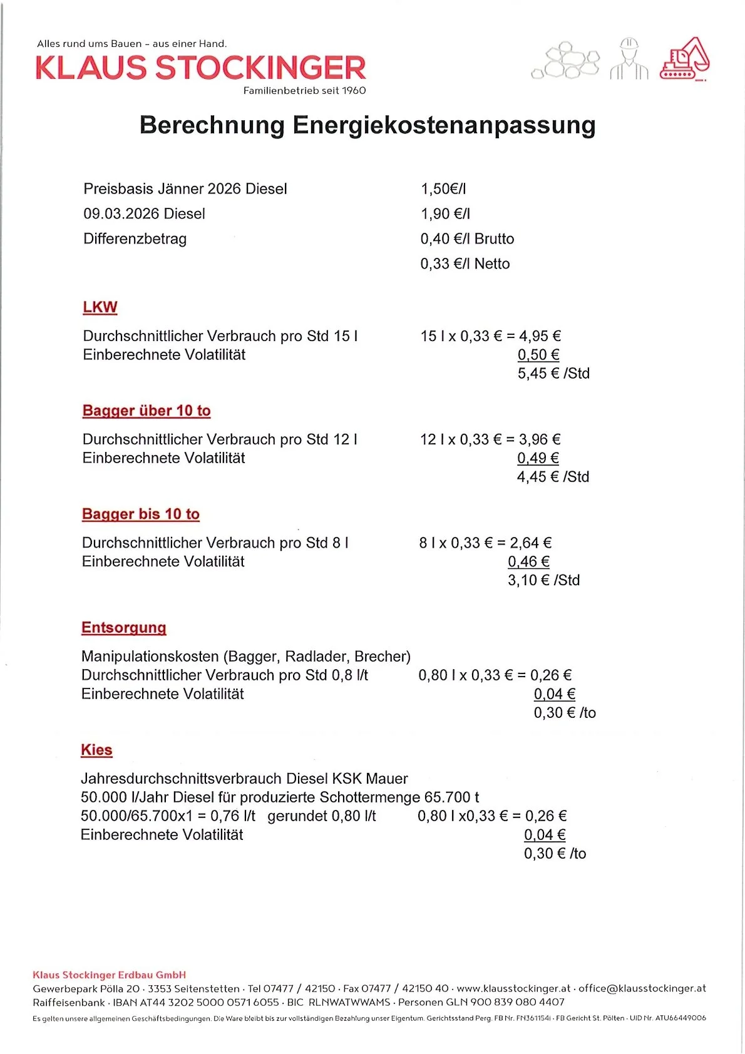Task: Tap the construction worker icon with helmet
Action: (629, 59)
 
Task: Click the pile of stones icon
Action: (565, 61)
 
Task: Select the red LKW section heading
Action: (100, 307)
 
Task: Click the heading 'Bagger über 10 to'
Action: (146, 411)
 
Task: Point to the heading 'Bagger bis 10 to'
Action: (141, 514)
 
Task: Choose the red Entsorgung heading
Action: (124, 628)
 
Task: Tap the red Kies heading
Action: (96, 750)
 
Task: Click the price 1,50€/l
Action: (443, 188)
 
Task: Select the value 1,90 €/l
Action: (445, 213)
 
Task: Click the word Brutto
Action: (494, 238)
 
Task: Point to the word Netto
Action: (492, 263)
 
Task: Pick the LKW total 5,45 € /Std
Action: (553, 373)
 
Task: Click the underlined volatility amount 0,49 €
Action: (538, 458)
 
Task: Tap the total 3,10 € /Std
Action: (543, 580)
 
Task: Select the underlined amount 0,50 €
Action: (538, 355)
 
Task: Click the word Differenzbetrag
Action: (135, 238)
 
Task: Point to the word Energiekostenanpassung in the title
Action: (444, 125)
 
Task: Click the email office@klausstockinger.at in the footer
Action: (642, 988)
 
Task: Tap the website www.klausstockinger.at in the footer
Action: (513, 988)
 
